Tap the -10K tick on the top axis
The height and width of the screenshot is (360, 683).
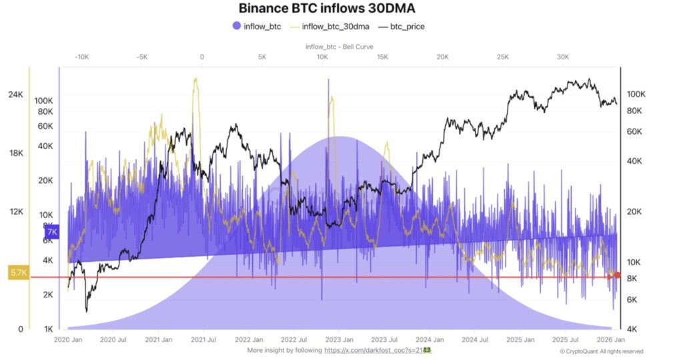click(x=81, y=57)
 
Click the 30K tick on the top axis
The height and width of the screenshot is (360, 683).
click(x=563, y=57)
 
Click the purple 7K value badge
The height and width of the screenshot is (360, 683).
click(x=53, y=232)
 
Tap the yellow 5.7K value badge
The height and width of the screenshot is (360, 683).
click(x=18, y=272)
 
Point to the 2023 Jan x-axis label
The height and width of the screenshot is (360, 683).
click(x=339, y=339)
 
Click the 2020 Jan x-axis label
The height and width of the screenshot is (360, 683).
click(x=68, y=339)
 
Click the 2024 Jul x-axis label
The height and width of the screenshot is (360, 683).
click(x=474, y=339)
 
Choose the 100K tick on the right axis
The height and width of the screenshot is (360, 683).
click(x=635, y=95)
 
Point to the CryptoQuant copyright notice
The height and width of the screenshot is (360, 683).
click(x=602, y=351)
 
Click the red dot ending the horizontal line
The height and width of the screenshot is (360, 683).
click(x=617, y=275)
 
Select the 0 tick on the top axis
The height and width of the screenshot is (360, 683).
click(x=202, y=57)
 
